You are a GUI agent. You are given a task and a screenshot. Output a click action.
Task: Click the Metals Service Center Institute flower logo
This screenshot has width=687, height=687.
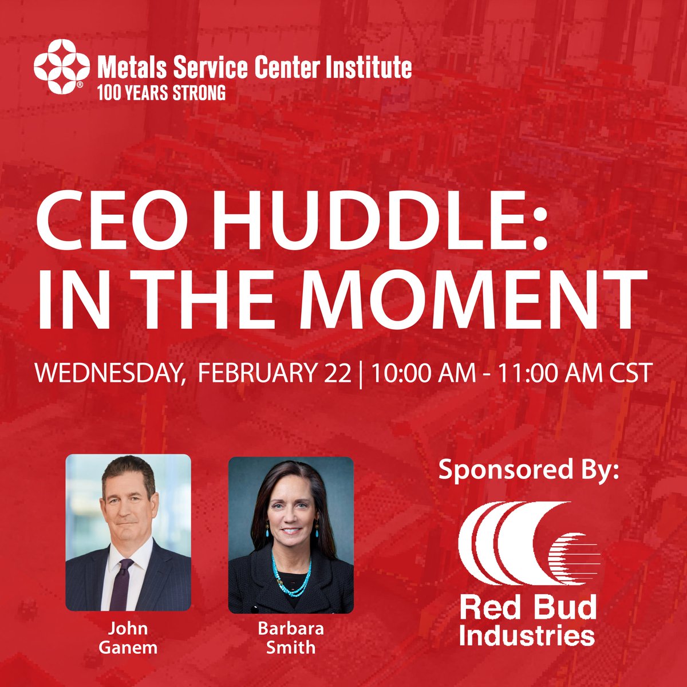[61, 66]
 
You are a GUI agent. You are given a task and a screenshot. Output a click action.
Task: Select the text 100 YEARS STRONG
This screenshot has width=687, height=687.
[161, 93]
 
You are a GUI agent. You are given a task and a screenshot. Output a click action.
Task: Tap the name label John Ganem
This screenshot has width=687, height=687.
[128, 638]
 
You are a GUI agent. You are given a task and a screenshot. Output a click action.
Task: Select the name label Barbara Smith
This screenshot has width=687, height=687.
[290, 638]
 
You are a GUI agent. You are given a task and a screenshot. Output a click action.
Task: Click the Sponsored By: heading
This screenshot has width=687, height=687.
[529, 471]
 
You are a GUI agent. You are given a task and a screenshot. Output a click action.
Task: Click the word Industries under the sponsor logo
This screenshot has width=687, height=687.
[527, 635]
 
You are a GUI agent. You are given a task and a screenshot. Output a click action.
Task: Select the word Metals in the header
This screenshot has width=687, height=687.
[124, 68]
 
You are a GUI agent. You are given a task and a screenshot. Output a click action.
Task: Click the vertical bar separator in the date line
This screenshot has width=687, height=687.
[361, 374]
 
